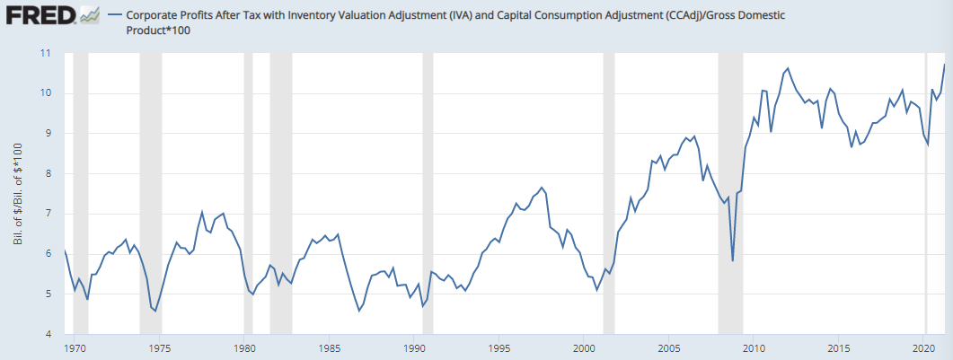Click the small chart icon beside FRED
point(89,15)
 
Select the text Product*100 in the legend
point(159,31)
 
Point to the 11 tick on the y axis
point(45,53)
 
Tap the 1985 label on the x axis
point(330,346)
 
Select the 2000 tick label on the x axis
point(584,346)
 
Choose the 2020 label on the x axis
point(924,346)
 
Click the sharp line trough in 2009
point(733,260)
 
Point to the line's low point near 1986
point(359,311)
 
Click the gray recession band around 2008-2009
point(730,193)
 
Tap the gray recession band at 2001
point(608,193)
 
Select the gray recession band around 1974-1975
point(150,193)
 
